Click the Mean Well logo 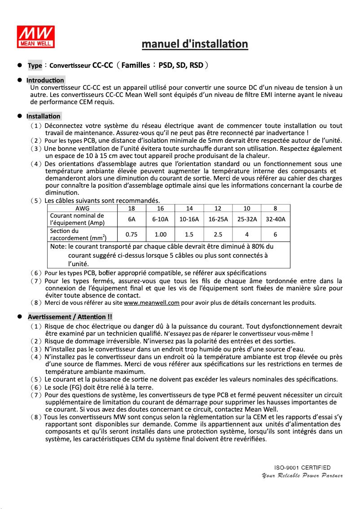(x=36, y=36)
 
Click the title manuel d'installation (x=195, y=44)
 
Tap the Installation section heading (x=44, y=116)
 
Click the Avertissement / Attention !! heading (x=70, y=317)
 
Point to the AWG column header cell (x=82, y=208)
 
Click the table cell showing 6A (x=132, y=219)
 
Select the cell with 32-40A (x=276, y=219)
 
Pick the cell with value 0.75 (x=132, y=234)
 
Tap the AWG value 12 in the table (x=218, y=208)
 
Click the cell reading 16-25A (x=218, y=219)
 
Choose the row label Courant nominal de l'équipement (x=77, y=219)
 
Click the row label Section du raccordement (x=77, y=234)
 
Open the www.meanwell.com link (x=151, y=303)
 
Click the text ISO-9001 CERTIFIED (x=303, y=468)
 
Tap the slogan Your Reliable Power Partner (x=302, y=475)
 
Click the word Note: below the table (x=58, y=246)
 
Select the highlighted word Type (x=35, y=66)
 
